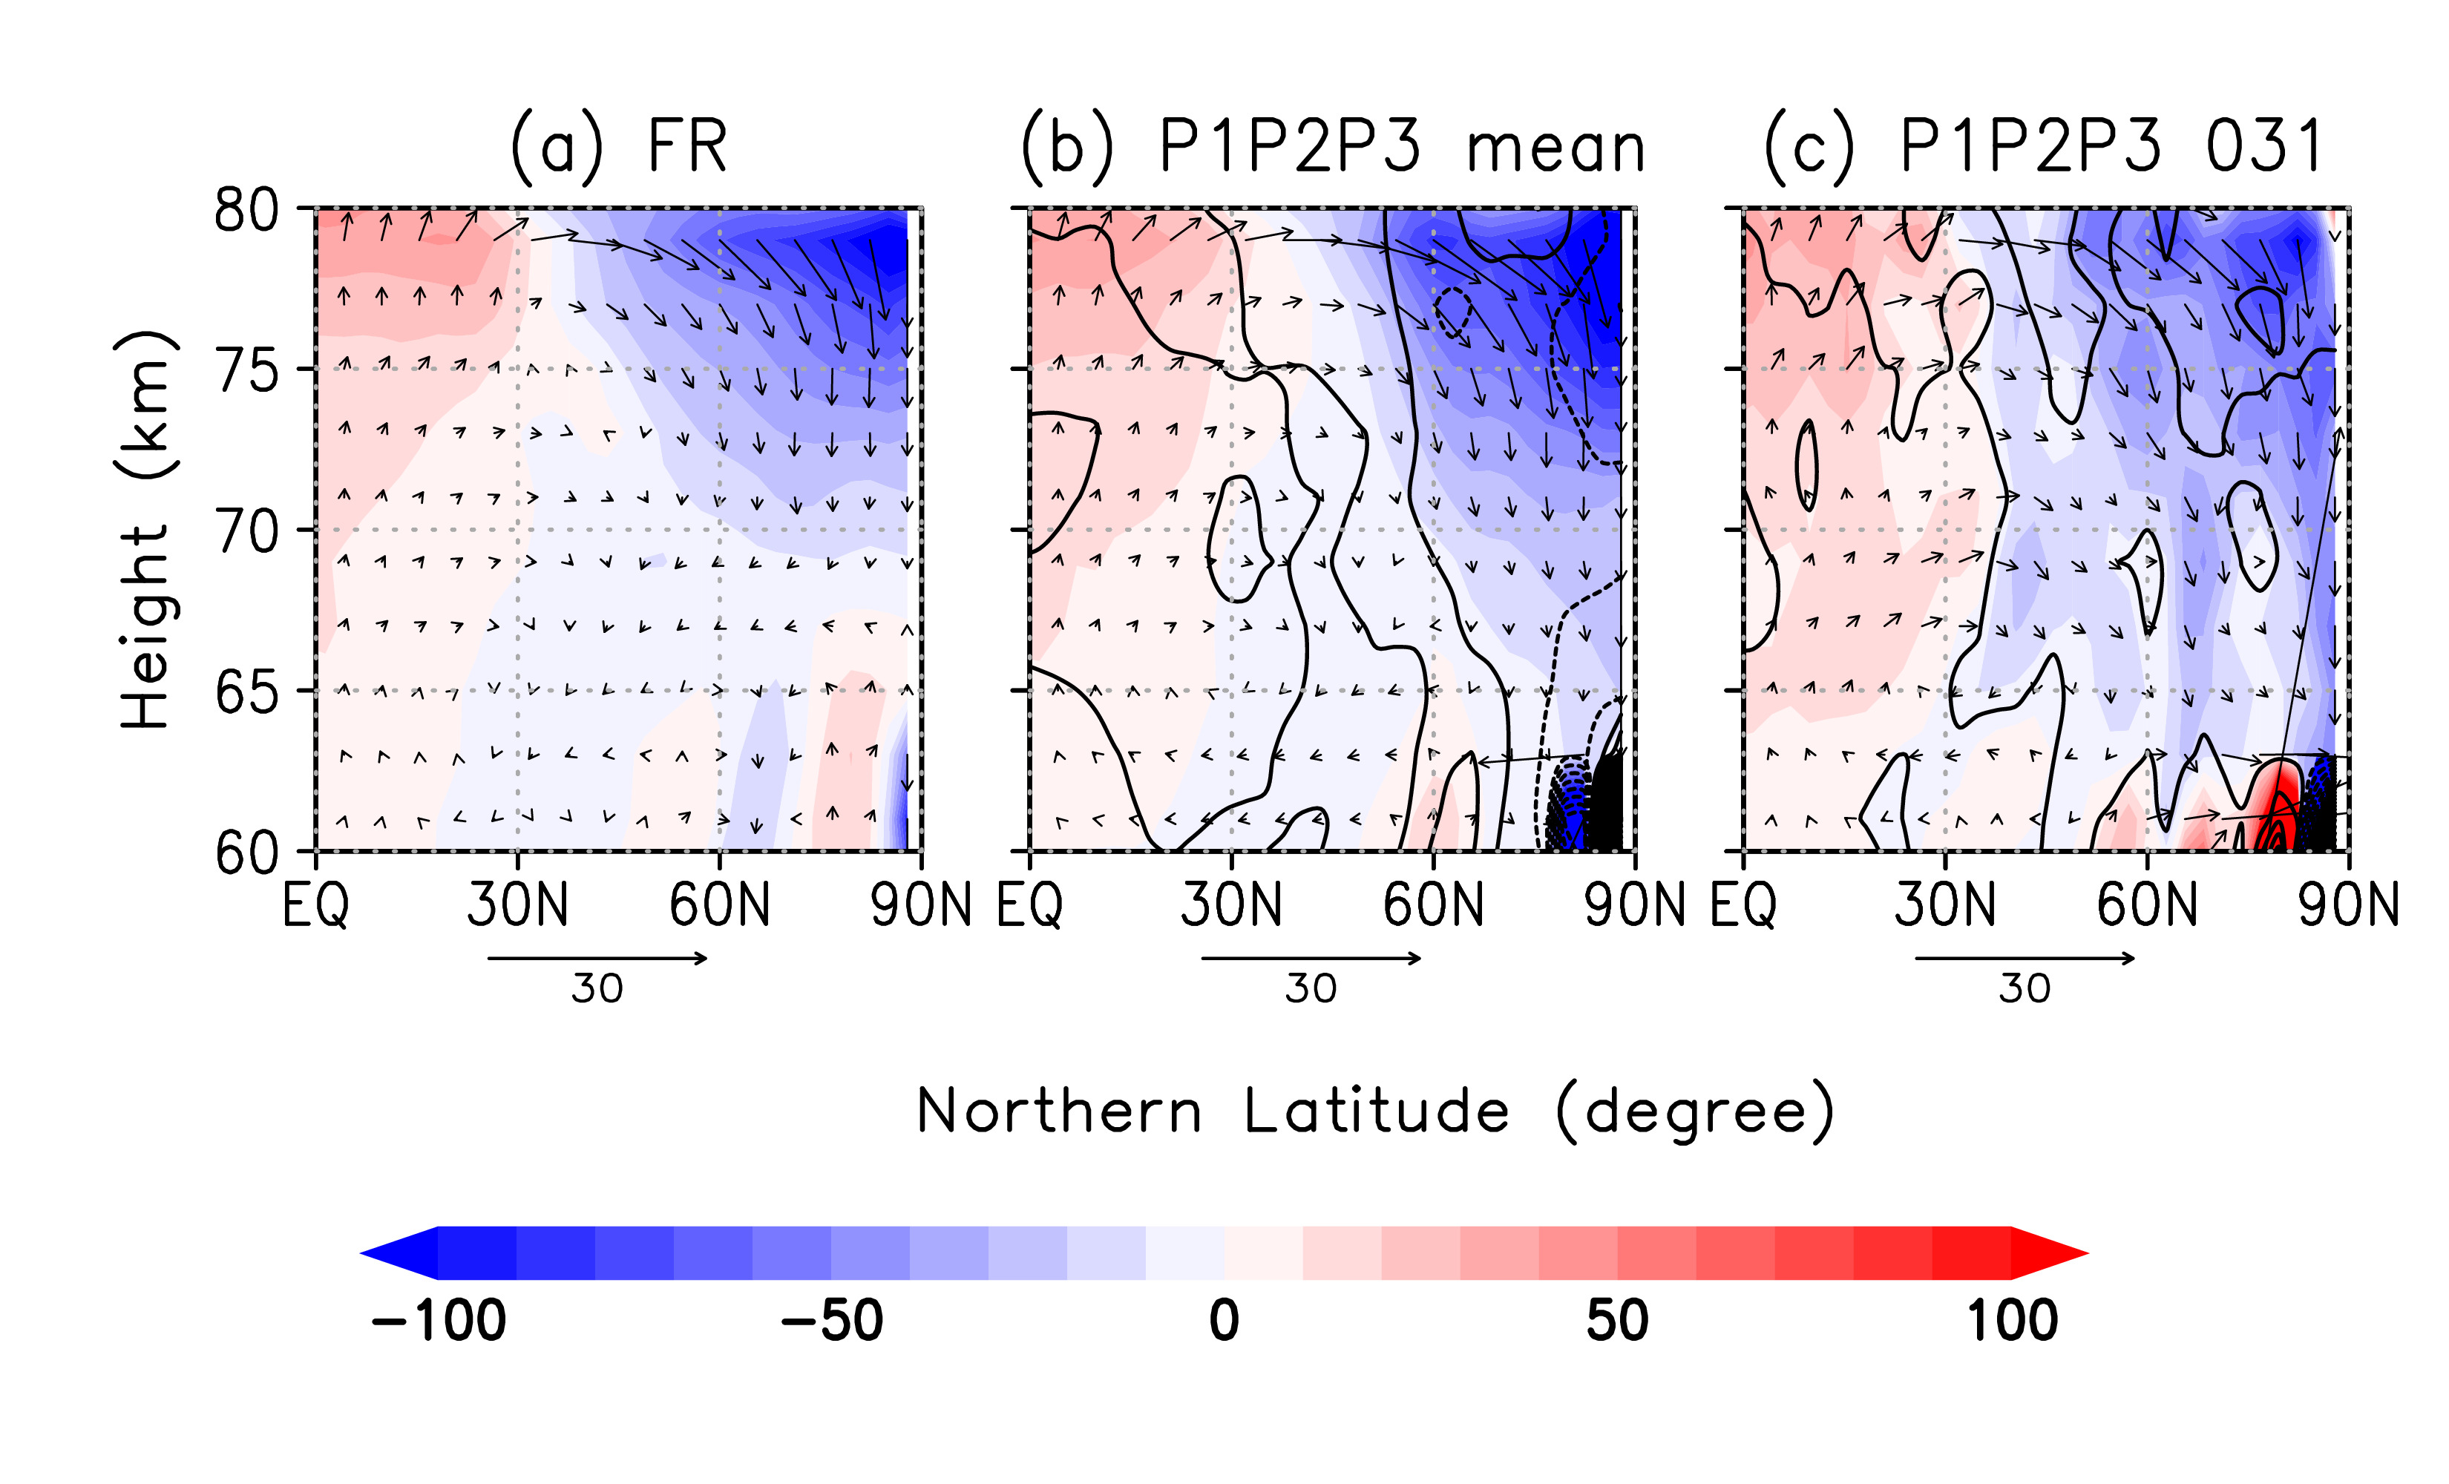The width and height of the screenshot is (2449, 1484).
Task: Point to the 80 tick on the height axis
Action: pos(246,211)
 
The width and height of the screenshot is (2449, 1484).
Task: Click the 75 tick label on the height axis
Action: pos(246,372)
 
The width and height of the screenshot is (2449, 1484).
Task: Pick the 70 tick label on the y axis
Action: pos(246,533)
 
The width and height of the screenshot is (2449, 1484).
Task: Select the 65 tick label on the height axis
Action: pos(246,693)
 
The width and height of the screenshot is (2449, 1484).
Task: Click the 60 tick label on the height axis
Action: pos(246,853)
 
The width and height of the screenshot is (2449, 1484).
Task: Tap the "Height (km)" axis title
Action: pos(146,531)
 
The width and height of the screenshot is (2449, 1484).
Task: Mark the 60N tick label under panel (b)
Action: pos(1432,905)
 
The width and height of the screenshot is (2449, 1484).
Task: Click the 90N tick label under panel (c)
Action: pos(2347,905)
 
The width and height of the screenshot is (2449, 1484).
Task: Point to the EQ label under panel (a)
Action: pos(315,905)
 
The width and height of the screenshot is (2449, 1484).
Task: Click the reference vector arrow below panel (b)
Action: pos(1311,958)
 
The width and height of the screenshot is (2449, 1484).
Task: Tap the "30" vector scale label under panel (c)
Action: pos(2025,989)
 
